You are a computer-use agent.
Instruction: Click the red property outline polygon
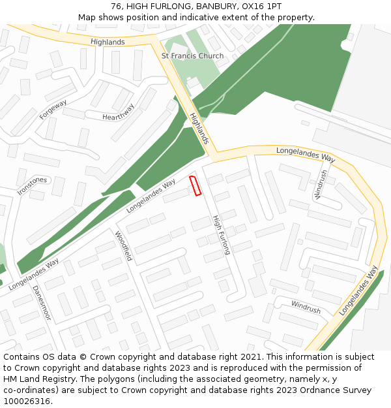[195, 186]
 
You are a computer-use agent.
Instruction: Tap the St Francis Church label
[192, 56]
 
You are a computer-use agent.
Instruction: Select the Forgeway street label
[53, 109]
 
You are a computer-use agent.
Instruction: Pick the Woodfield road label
[123, 246]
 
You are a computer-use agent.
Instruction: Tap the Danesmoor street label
[41, 302]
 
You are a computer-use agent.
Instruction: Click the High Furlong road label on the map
[222, 234]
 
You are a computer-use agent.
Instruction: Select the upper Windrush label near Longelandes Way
[321, 183]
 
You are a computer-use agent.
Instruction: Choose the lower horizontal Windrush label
[306, 307]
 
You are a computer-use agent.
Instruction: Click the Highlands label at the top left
[108, 42]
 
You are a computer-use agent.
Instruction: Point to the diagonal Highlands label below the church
[199, 128]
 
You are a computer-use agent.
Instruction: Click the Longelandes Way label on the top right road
[306, 154]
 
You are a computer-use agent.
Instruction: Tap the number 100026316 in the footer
[27, 401]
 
